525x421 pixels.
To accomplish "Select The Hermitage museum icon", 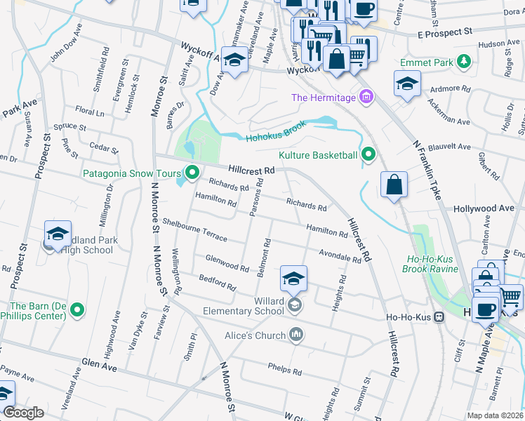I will pos(365,98).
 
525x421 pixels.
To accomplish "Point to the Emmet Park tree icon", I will pos(463,62).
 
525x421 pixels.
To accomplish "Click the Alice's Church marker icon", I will pos(296,335).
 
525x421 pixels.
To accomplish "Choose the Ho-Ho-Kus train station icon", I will pos(439,317).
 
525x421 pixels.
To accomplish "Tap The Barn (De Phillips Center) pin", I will pos(77,309).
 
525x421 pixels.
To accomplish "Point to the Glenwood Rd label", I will pos(227,264).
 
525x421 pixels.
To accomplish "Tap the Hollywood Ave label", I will pos(484,209).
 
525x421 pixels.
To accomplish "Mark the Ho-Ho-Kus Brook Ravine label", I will pos(432,263).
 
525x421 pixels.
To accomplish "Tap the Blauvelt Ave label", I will pos(450,147).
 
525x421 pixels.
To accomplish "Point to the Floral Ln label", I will pos(89,112).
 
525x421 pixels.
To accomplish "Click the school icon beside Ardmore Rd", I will pos(407,85).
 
